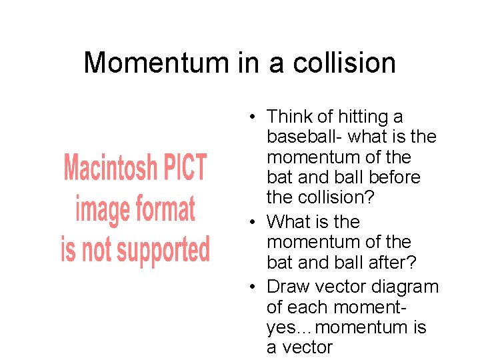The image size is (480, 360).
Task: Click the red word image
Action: [103, 209]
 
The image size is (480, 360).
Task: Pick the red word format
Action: [164, 209]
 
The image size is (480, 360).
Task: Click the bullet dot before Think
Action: [254, 118]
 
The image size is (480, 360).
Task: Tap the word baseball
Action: [301, 137]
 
